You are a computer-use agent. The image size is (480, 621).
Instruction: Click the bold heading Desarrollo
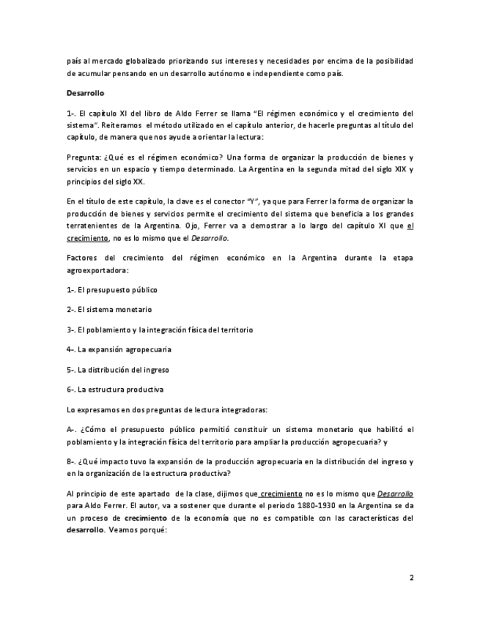(85, 94)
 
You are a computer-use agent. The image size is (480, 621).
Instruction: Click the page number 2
(411, 578)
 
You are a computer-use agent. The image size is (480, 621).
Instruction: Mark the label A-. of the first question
(72, 429)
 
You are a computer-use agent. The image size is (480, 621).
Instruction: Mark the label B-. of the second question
(72, 461)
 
